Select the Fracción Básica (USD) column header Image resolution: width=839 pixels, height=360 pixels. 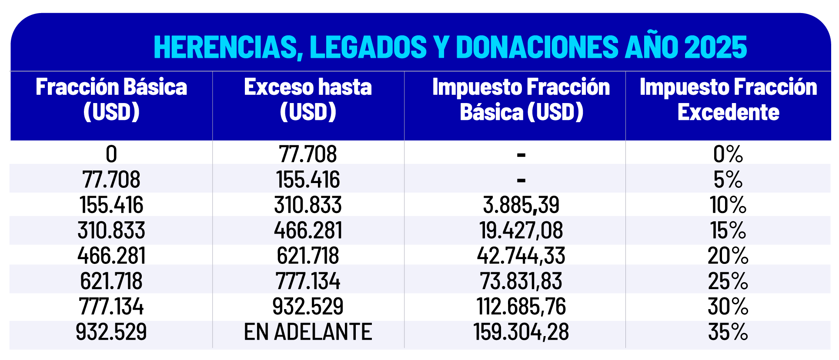(111, 99)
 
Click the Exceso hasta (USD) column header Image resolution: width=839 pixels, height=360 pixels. (308, 99)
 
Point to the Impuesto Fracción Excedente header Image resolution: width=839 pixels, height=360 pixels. (728, 99)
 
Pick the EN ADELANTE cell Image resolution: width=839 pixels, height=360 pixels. (308, 332)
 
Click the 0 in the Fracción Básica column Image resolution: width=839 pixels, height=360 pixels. (111, 154)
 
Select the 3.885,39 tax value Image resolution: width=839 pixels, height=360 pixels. (521, 205)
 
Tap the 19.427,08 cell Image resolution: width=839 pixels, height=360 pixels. (521, 230)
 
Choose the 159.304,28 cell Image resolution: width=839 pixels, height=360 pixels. (521, 332)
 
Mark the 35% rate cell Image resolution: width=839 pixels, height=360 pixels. (728, 332)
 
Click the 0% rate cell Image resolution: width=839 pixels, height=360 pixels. (728, 154)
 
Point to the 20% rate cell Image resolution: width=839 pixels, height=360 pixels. (728, 256)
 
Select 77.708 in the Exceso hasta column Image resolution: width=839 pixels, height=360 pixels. (308, 154)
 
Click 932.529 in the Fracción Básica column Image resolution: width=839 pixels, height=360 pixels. (111, 332)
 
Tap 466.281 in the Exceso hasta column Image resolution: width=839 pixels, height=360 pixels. (308, 230)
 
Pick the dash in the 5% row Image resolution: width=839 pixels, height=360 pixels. (521, 180)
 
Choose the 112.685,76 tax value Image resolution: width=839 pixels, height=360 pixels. (521, 307)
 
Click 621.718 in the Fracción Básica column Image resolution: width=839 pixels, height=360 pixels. (111, 281)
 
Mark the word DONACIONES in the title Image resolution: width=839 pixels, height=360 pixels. (537, 47)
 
